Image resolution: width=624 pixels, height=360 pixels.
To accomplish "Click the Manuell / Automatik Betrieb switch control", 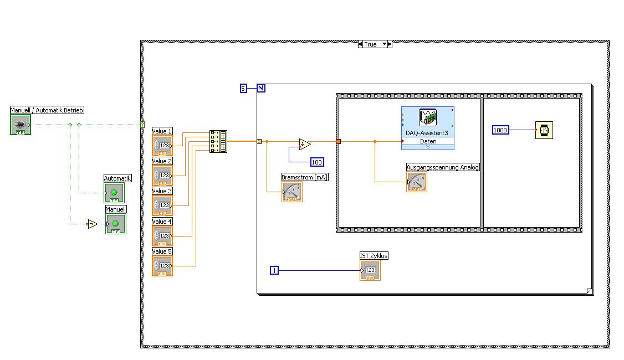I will (x=21, y=125).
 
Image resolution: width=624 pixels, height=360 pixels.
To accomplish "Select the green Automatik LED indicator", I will (x=114, y=193).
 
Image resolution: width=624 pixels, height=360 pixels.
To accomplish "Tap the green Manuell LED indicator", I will (x=115, y=224).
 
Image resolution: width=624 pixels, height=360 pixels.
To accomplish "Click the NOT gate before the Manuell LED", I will (x=93, y=224).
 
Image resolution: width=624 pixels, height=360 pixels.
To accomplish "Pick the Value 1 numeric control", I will (x=162, y=146).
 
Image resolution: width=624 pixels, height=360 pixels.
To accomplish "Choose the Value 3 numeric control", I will (x=162, y=205).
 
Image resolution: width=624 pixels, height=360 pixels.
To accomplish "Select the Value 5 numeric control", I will (x=162, y=266).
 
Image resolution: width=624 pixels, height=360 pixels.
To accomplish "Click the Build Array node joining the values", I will (x=218, y=141).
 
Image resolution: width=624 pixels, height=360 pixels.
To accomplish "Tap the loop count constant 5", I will (x=243, y=88).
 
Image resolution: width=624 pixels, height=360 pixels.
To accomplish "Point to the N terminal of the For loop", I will (x=261, y=88).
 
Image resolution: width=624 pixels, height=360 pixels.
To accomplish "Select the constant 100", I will (x=317, y=162).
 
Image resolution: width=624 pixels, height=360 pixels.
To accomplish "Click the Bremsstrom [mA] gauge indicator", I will (x=292, y=192).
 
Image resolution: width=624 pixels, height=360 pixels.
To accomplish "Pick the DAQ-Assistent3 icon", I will (x=427, y=118).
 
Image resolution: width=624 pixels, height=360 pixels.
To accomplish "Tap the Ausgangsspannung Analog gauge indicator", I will (x=417, y=182).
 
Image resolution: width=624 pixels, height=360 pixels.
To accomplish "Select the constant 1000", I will (x=500, y=130).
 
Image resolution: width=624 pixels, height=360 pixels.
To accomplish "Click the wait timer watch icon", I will (x=544, y=131).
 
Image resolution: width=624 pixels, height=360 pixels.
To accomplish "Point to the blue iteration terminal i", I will (x=274, y=270).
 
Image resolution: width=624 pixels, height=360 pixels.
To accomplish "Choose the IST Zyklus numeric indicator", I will (x=370, y=270).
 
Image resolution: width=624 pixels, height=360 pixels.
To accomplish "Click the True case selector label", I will (x=371, y=44).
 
